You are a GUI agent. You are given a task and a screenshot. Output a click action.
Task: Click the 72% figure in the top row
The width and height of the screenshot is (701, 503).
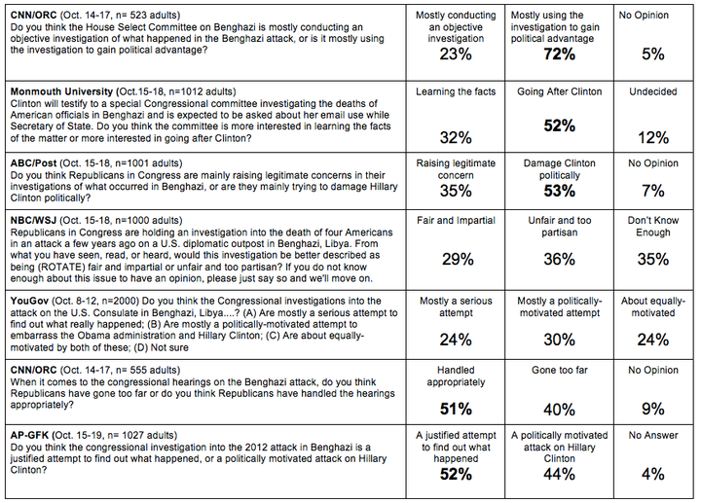click(559, 54)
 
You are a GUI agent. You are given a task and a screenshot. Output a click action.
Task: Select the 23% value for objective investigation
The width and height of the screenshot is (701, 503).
click(456, 54)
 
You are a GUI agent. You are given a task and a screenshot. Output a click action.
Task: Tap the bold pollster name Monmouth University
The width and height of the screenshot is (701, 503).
click(61, 91)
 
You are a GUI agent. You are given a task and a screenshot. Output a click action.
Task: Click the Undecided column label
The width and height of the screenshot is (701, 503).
click(653, 91)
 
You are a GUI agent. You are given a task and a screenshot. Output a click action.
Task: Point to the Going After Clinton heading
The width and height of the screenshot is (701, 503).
click(559, 91)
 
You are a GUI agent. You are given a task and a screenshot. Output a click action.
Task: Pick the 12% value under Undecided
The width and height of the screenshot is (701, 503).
click(653, 137)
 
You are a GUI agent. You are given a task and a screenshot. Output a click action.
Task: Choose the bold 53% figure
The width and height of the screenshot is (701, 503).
click(559, 192)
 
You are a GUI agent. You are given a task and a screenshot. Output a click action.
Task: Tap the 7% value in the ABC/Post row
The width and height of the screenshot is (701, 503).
click(653, 192)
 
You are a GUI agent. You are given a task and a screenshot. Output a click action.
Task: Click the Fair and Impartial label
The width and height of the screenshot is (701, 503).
click(456, 220)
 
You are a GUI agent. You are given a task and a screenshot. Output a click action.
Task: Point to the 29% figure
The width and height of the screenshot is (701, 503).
click(458, 259)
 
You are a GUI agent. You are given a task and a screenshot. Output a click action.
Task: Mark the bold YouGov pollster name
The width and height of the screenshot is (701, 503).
click(29, 301)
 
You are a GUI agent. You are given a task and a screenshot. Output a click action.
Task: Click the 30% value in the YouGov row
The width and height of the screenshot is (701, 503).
click(559, 340)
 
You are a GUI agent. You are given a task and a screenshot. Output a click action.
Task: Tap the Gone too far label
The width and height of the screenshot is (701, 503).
click(559, 370)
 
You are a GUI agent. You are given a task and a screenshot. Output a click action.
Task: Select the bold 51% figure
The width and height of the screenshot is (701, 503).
click(456, 409)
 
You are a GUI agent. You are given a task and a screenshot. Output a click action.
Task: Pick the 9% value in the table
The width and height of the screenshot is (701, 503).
click(653, 409)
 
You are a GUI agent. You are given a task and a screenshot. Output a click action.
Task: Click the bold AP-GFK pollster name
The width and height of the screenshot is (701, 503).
click(29, 435)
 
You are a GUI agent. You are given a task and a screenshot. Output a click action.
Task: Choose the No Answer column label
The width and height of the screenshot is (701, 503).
click(653, 435)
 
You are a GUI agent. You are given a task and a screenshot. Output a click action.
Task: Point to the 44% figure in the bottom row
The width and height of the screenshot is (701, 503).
click(559, 474)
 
